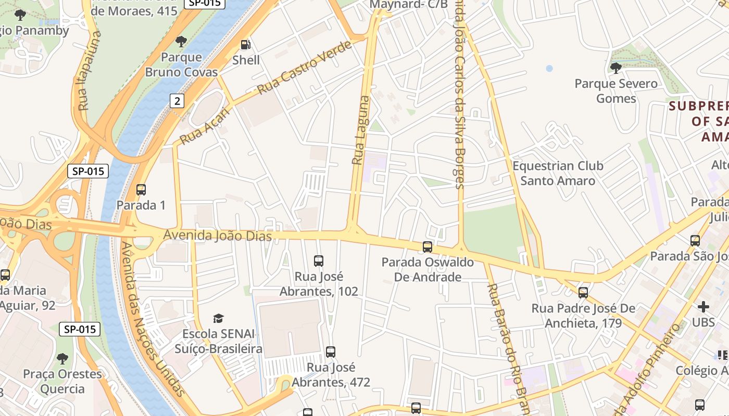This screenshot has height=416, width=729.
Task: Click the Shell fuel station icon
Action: [x=245, y=45]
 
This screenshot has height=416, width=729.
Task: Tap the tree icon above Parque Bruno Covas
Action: [x=181, y=41]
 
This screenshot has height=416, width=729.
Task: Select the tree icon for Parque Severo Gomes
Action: [x=615, y=68]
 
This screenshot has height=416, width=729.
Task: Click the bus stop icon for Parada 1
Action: [x=141, y=190]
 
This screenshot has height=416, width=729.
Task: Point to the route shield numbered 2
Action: [x=177, y=101]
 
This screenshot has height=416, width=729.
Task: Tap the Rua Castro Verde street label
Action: [x=304, y=68]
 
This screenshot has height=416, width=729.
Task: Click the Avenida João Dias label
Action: [x=218, y=236]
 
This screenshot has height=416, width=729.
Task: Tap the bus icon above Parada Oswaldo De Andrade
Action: [x=428, y=247]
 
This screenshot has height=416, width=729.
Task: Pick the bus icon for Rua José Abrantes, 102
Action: [x=319, y=261]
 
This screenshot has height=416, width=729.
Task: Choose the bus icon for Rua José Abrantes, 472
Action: [x=331, y=352]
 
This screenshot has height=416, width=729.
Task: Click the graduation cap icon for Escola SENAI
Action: [x=219, y=318]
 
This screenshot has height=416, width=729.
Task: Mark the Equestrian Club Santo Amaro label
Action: [x=558, y=173]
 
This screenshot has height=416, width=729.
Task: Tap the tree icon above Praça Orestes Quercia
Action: [x=62, y=359]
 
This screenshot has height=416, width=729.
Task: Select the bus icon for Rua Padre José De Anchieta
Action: [x=583, y=293]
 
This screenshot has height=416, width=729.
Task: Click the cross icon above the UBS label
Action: [x=703, y=307]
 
